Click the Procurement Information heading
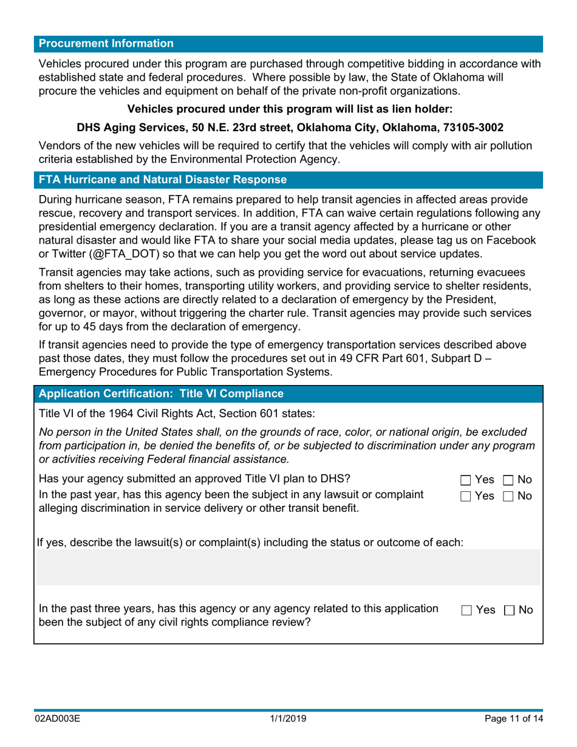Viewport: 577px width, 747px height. coord(106,44)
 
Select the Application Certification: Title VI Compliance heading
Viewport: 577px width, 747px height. coord(161,394)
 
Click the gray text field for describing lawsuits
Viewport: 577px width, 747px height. coord(288,567)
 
